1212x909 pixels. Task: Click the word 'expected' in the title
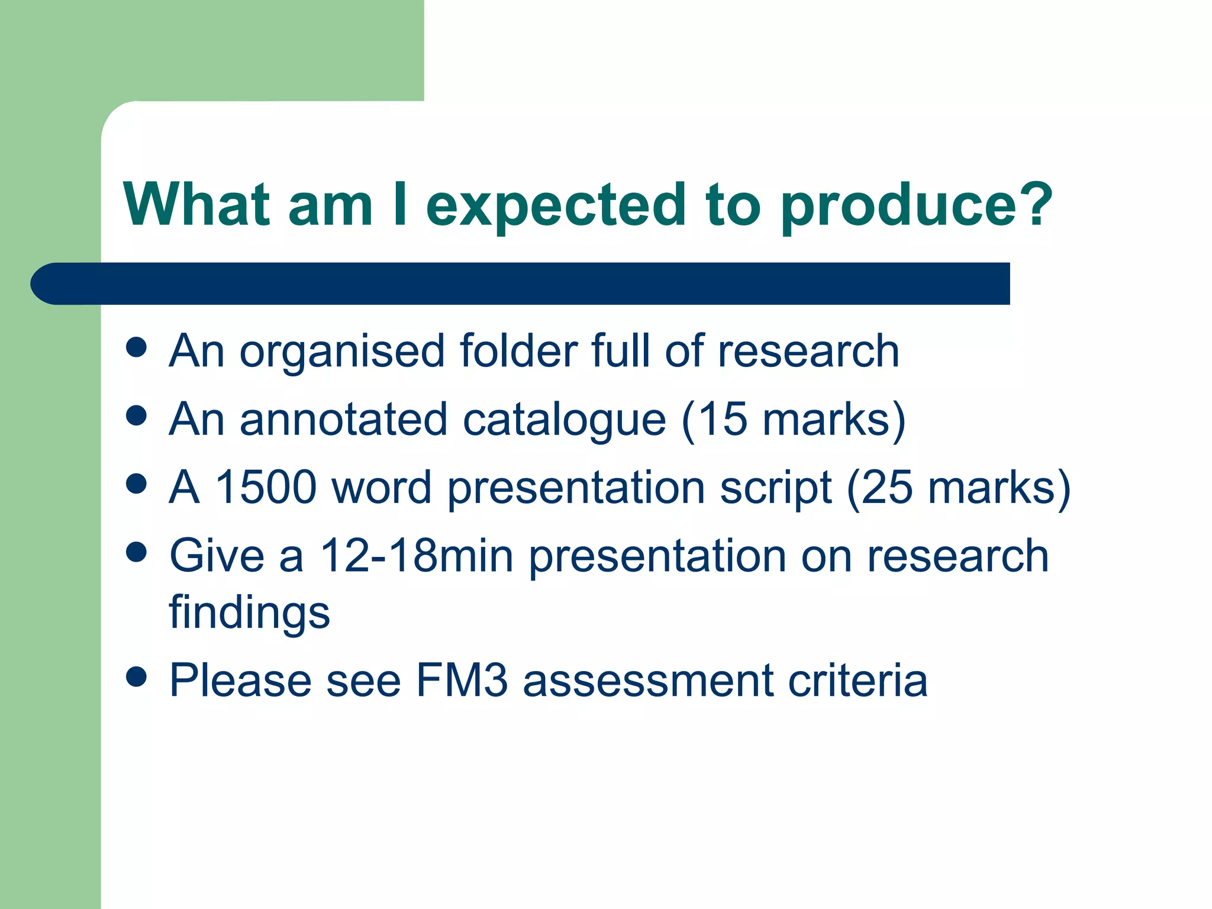point(556,207)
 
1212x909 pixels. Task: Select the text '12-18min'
point(416,556)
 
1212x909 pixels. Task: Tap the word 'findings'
point(249,613)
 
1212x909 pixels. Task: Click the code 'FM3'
point(462,681)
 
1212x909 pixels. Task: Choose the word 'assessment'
point(648,681)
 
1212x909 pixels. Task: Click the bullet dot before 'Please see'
point(137,676)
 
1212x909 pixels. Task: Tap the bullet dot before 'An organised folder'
point(137,347)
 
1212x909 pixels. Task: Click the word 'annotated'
point(343,420)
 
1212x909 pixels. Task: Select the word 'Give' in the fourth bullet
point(217,556)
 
